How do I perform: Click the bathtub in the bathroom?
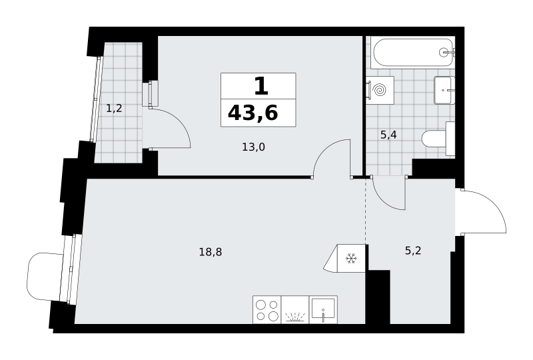413,52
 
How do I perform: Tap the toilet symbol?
438,139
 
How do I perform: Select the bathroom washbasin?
444,90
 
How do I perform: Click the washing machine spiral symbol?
380,90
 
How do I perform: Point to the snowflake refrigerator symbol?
351,258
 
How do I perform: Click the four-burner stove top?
267,309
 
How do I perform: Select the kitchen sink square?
323,309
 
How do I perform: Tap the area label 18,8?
211,252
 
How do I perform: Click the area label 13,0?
253,147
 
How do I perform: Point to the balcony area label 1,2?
114,109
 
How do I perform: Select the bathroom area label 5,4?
388,135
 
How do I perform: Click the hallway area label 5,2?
413,251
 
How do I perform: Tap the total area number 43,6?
253,113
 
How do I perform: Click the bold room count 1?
261,86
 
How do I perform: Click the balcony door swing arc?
179,121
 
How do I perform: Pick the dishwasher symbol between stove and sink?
295,309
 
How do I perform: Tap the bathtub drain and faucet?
446,52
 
